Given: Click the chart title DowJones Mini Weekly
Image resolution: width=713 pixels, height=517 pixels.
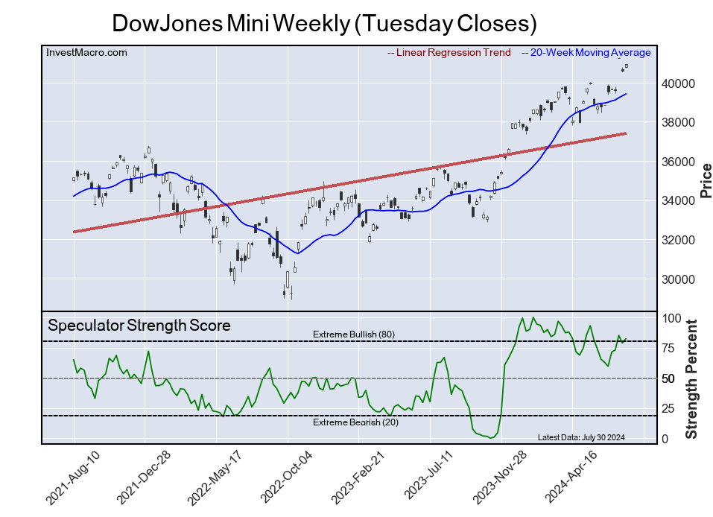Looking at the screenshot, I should tap(324, 23).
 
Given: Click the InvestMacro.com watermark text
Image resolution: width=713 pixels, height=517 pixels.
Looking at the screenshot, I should tap(86, 53).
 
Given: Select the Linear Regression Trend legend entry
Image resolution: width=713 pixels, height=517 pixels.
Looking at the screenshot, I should tap(449, 53).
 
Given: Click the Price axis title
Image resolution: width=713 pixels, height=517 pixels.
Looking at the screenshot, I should tap(706, 181).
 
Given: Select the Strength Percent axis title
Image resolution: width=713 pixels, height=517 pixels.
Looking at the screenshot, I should tap(691, 378).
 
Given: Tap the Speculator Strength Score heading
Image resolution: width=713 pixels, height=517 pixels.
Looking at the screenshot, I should tap(139, 326).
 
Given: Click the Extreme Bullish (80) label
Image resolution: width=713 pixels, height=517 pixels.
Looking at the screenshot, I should tap(354, 334).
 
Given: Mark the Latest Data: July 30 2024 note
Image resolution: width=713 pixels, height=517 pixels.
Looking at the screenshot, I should tap(581, 437).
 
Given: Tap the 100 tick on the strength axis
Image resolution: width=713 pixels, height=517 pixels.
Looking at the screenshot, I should tap(670, 318).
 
